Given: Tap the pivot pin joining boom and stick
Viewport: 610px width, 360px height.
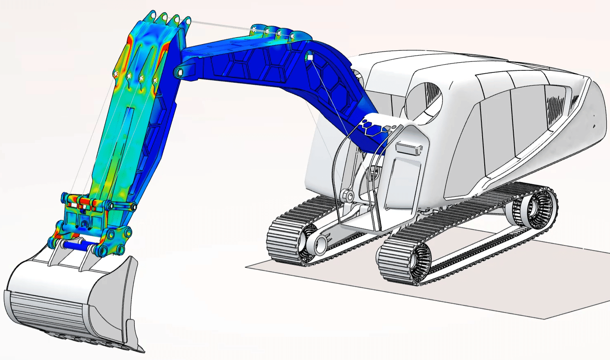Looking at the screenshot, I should (179, 73).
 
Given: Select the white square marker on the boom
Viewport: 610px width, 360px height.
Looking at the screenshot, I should (311, 58).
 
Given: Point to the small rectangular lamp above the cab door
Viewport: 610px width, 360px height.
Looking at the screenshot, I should (408, 148).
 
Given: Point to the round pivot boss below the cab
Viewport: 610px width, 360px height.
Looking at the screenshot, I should (349, 196).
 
